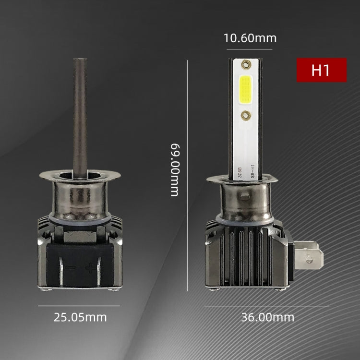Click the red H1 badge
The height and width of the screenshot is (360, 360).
[321, 70]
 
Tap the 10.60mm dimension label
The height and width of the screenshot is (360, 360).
[250, 38]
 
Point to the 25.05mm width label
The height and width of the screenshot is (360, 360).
[80, 317]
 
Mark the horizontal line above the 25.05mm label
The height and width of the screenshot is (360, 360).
[79, 305]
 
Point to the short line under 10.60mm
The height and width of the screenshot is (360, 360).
[250, 49]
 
